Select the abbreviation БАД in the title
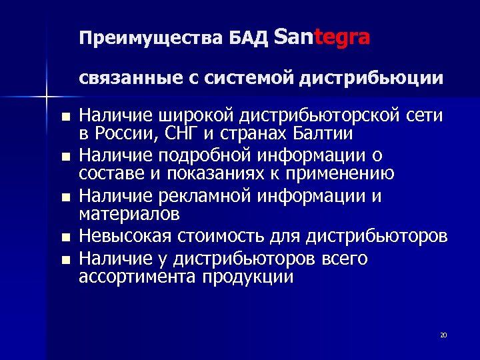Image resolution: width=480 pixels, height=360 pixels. pyautogui.click(x=249, y=38)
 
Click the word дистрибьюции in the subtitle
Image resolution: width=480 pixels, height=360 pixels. pyautogui.click(x=371, y=79)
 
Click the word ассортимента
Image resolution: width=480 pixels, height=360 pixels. pyautogui.click(x=137, y=277)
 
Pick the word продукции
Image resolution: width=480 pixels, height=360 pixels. pyautogui.click(x=247, y=277)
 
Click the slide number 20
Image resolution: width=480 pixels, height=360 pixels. pyautogui.click(x=443, y=335)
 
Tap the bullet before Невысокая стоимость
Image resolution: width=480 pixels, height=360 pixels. pyautogui.click(x=65, y=238)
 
